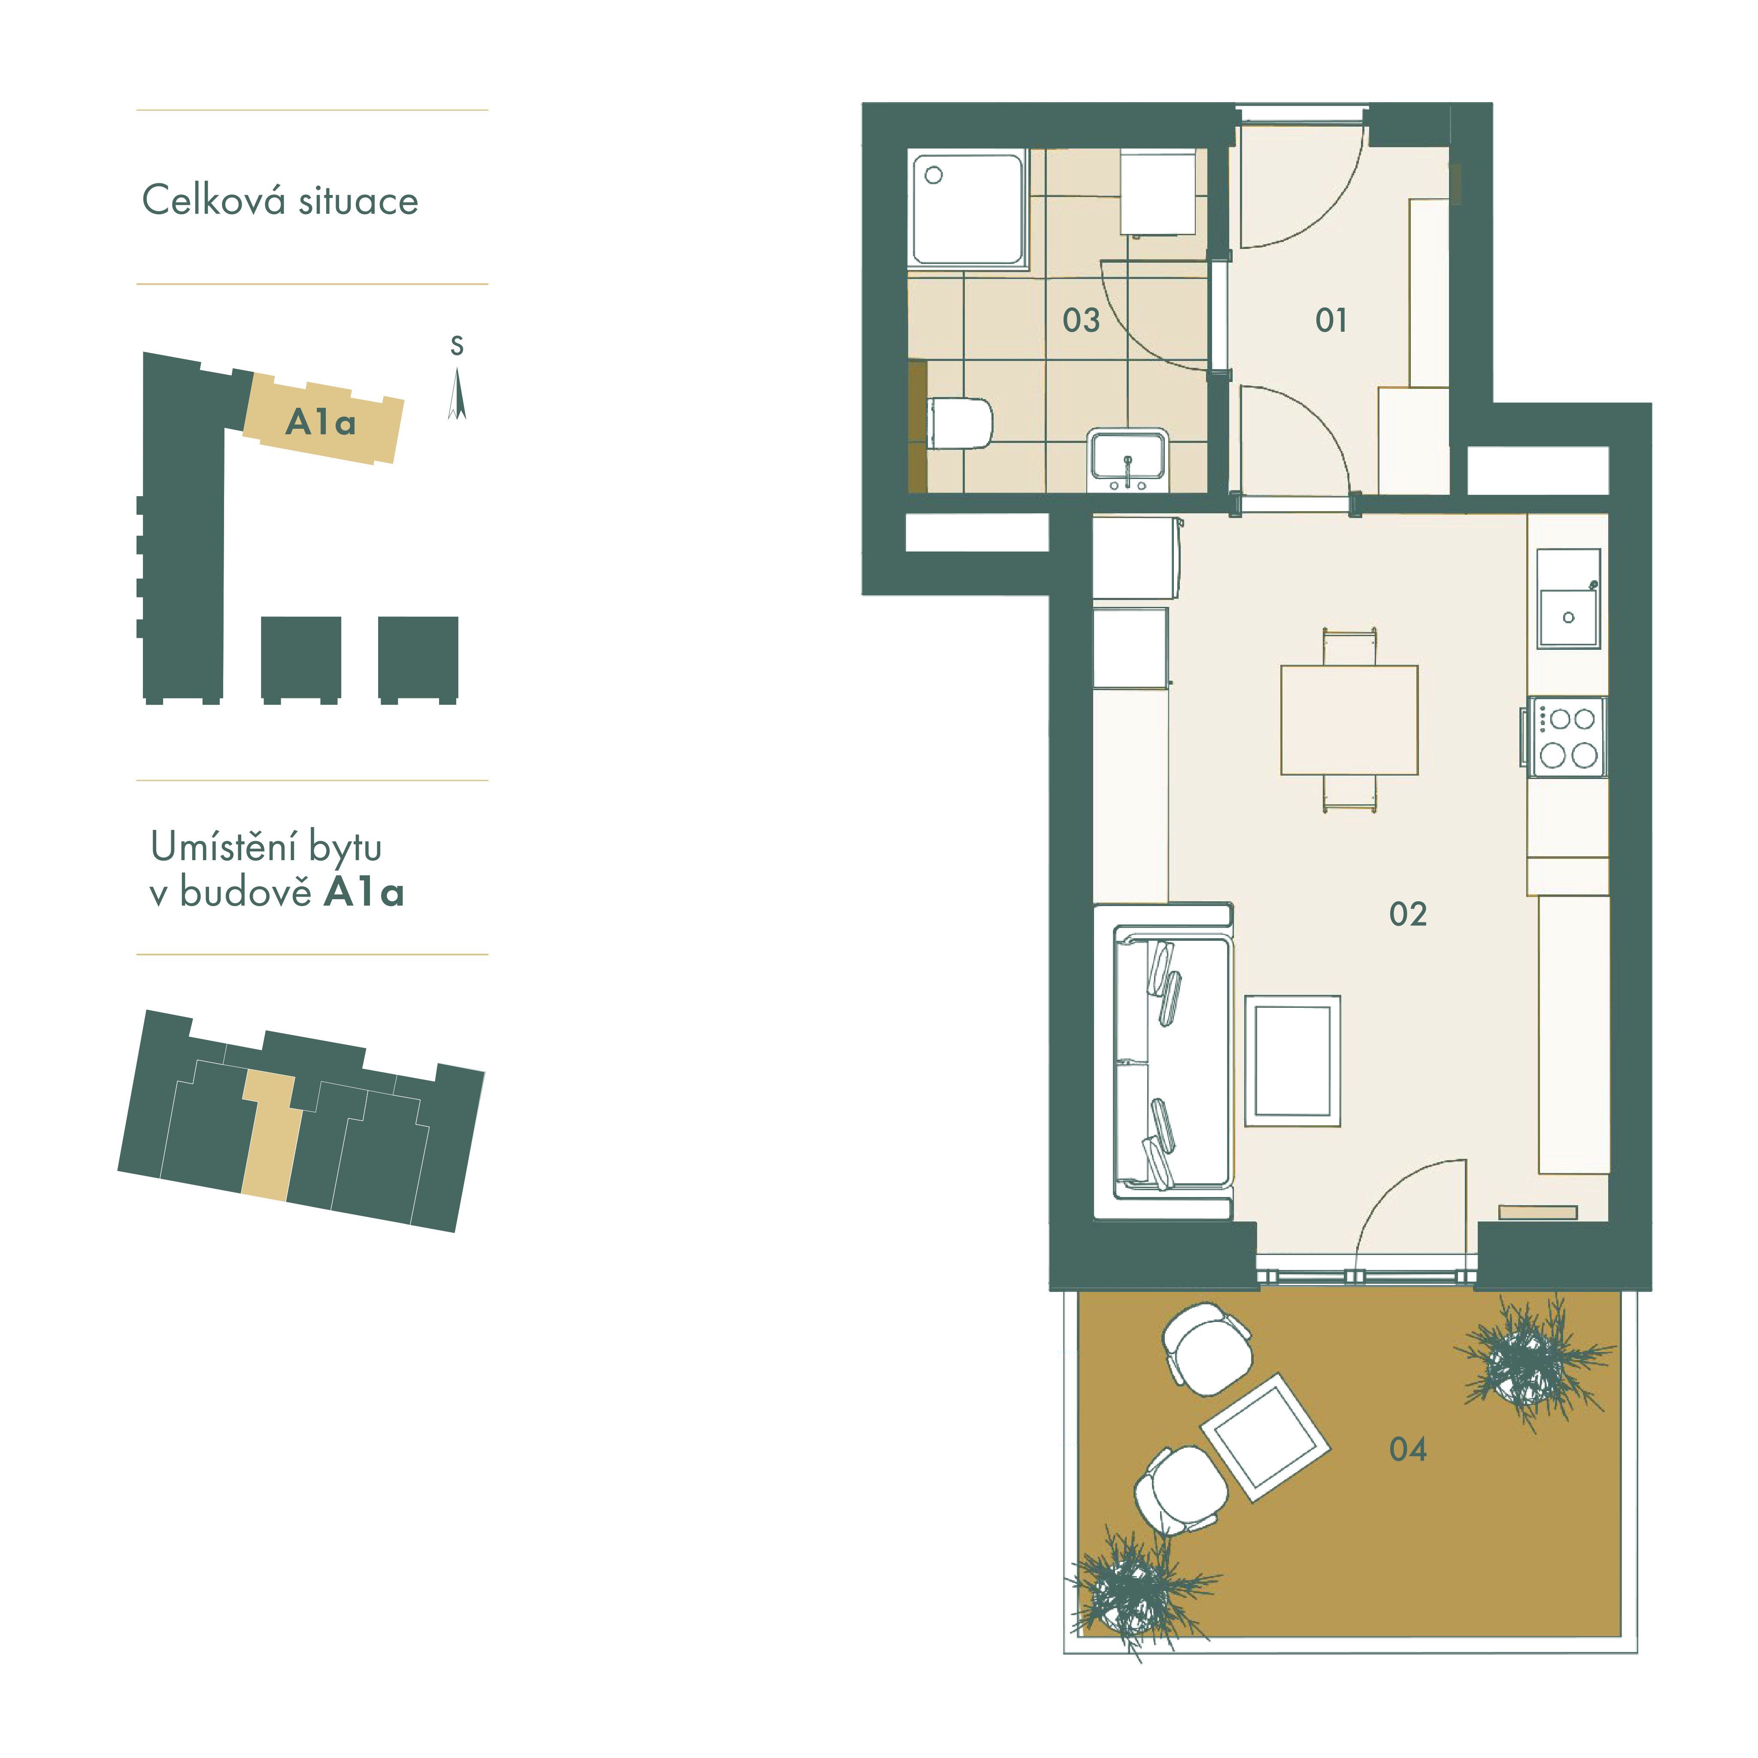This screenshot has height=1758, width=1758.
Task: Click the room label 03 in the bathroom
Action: click(1081, 320)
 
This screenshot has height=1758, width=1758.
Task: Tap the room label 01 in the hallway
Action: click(1331, 320)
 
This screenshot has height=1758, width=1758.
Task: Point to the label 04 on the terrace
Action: click(1408, 1449)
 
